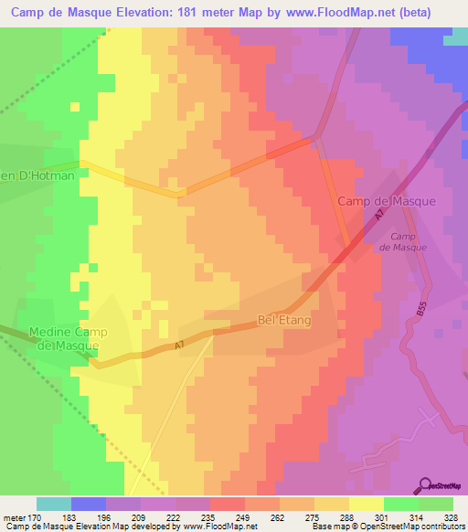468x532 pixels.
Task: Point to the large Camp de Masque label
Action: click(x=387, y=200)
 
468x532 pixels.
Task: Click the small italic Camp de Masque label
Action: click(x=397, y=241)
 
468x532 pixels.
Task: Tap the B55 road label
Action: click(x=421, y=312)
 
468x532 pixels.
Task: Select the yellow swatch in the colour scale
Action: click(x=367, y=504)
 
